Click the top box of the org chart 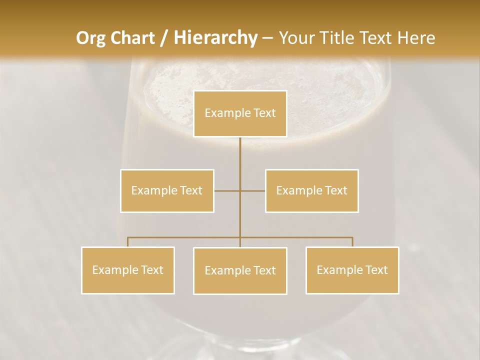[x=240, y=113]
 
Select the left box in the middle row [x=167, y=190]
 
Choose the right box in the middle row [x=311, y=190]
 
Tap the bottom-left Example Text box [x=128, y=270]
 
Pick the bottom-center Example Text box [x=240, y=270]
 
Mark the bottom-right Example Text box [x=352, y=270]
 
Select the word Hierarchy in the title [x=215, y=38]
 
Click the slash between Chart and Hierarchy [x=164, y=38]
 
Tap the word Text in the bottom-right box [x=376, y=270]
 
